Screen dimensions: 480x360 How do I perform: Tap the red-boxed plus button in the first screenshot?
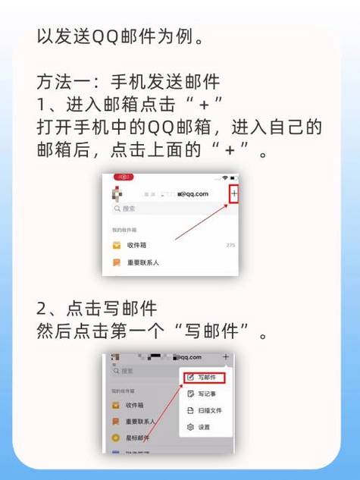[x=234, y=195]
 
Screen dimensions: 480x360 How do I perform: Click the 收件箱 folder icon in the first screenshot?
[x=116, y=245]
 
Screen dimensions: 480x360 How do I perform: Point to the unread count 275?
[x=230, y=245]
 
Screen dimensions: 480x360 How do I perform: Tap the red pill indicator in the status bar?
[x=123, y=177]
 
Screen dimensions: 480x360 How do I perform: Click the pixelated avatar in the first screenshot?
[x=117, y=193]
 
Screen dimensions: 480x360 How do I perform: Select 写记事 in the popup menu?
[x=205, y=394]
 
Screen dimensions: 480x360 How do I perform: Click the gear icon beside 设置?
[x=190, y=427]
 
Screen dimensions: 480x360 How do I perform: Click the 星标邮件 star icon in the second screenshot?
[x=116, y=438]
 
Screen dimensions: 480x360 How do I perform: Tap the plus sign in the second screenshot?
[x=225, y=356]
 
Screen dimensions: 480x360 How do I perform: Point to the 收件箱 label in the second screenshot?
[x=136, y=405]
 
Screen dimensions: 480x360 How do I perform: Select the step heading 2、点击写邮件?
[x=97, y=309]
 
